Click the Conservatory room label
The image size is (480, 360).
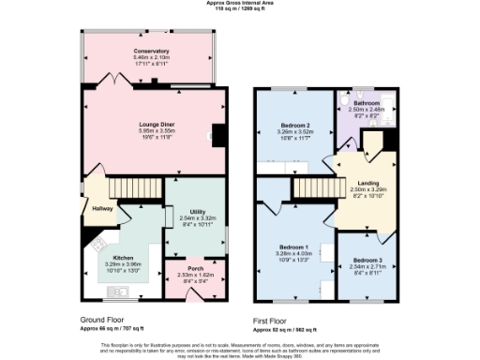tap(151, 51)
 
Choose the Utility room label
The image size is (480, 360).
tap(197, 212)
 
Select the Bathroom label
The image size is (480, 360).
tap(366, 102)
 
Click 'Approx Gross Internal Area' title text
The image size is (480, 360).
tap(240, 3)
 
